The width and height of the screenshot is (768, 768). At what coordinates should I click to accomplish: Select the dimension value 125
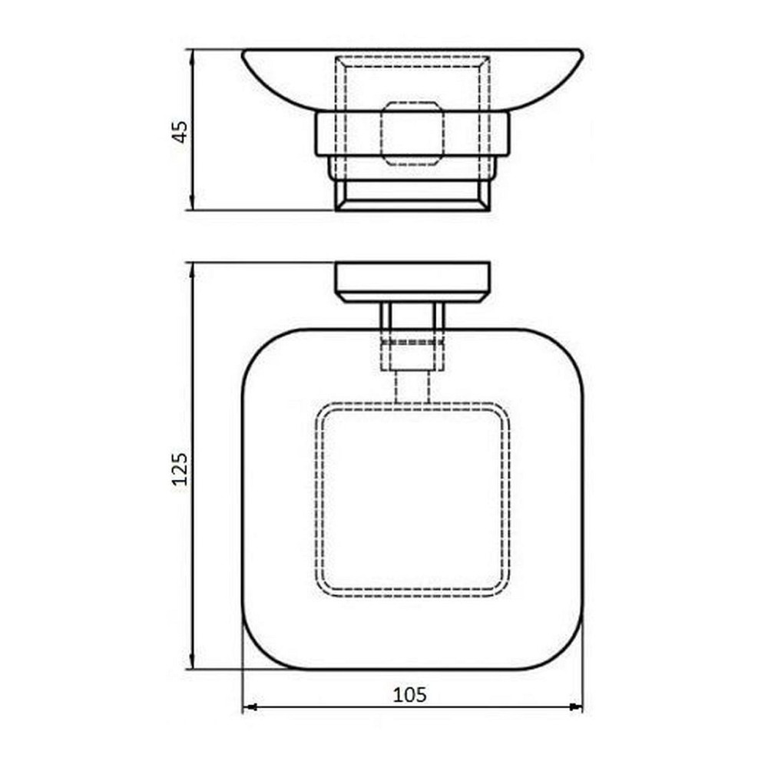[180, 468]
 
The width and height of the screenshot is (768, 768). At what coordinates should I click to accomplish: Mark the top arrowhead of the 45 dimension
[192, 55]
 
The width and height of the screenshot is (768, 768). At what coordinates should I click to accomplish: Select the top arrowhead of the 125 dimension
[192, 267]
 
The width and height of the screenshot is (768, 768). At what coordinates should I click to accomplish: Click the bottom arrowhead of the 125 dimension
[192, 665]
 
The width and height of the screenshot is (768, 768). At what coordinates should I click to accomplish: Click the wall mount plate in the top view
[412, 281]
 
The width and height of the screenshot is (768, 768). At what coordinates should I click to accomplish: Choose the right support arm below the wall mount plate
[439, 316]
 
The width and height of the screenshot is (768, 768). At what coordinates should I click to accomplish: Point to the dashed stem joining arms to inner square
[412, 387]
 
